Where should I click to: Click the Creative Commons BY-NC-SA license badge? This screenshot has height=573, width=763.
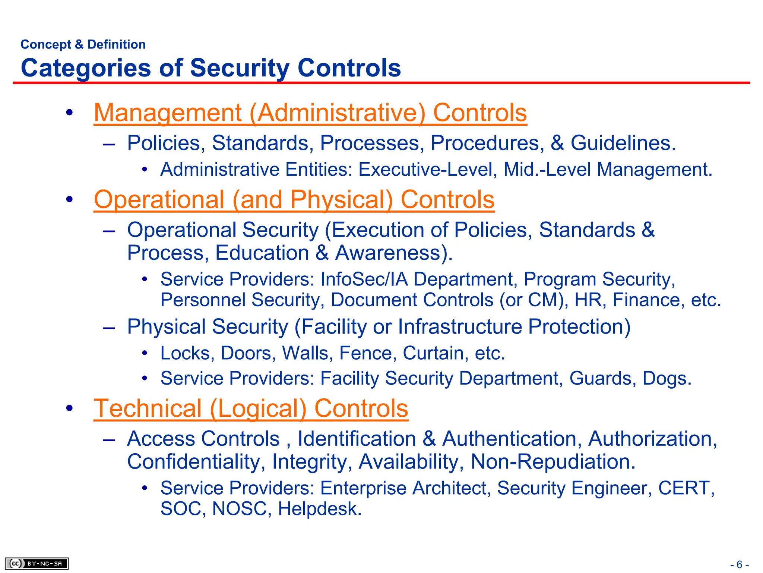[37, 563]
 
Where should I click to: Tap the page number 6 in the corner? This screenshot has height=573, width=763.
[740, 564]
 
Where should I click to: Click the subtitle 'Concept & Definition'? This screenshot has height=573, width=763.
[83, 44]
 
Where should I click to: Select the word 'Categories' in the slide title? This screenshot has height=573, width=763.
[86, 68]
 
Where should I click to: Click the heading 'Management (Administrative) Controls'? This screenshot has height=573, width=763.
[310, 113]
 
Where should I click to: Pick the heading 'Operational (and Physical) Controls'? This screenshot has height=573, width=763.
[294, 200]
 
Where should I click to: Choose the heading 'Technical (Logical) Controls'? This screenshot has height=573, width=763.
[251, 408]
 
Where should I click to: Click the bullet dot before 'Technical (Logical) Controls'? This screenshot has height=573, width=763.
[69, 408]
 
